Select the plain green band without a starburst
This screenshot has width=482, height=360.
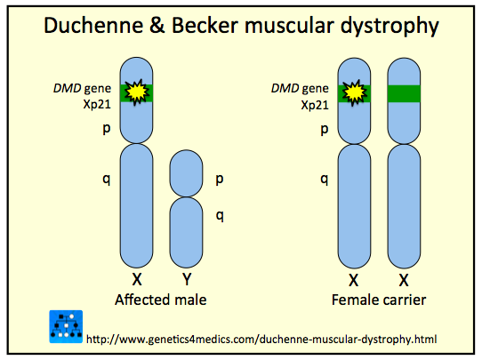(x=402, y=92)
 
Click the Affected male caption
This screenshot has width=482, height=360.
(x=161, y=300)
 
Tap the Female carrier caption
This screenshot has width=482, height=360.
(x=379, y=300)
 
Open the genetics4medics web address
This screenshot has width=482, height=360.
(x=262, y=339)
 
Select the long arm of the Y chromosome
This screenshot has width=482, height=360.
(x=186, y=228)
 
